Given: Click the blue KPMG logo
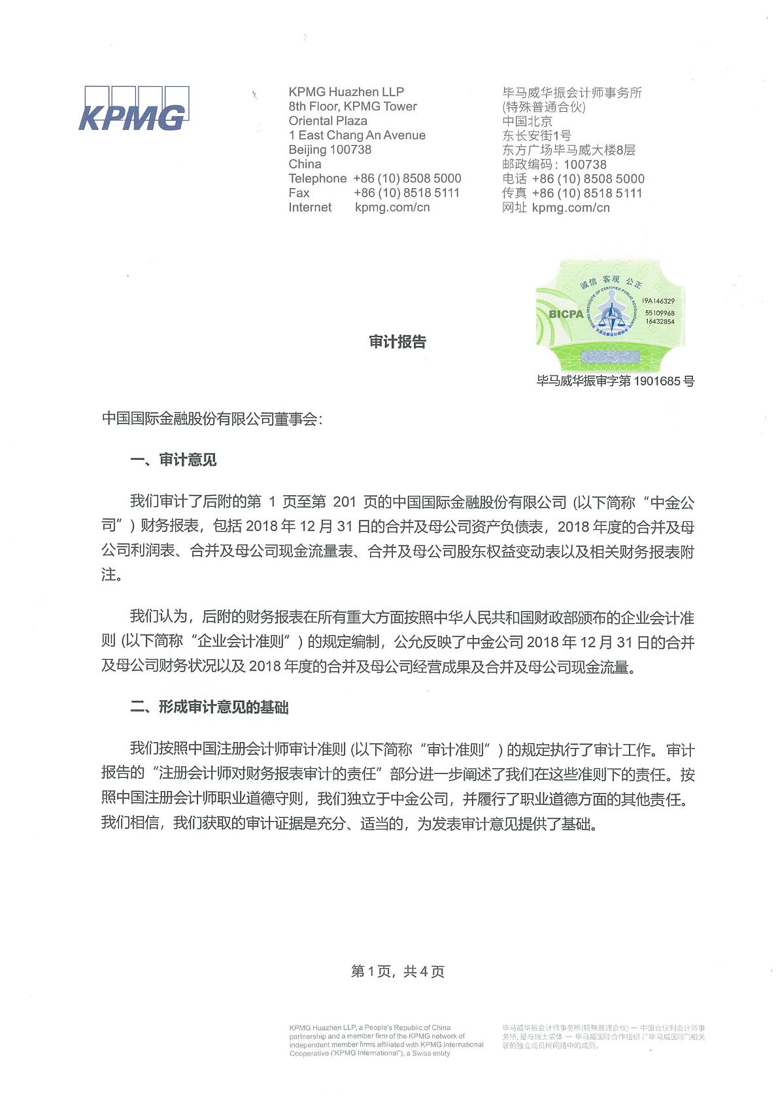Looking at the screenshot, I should pyautogui.click(x=133, y=108).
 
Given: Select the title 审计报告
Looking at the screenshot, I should pyautogui.click(x=397, y=342).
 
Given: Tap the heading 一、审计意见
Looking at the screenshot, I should pyautogui.click(x=173, y=460).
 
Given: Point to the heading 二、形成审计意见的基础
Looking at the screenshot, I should pyautogui.click(x=209, y=707).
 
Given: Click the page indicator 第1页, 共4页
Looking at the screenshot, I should pyautogui.click(x=397, y=972).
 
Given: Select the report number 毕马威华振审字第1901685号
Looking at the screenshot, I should pyautogui.click(x=615, y=380).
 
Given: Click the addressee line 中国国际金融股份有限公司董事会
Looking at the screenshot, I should pyautogui.click(x=212, y=419).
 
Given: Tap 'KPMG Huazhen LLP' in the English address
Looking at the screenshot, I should pyautogui.click(x=347, y=92).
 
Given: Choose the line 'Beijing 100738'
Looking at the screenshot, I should pyautogui.click(x=330, y=150).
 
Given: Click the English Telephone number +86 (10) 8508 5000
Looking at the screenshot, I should pyautogui.click(x=407, y=178).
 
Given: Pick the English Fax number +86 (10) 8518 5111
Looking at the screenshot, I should pyautogui.click(x=407, y=193).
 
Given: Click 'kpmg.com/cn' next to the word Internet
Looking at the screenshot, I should pyautogui.click(x=392, y=207).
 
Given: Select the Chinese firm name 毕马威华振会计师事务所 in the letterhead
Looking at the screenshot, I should pyautogui.click(x=572, y=93).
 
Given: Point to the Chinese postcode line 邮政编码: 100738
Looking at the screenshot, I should pyautogui.click(x=554, y=165).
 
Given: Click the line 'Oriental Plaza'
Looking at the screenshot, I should pyautogui.click(x=328, y=121).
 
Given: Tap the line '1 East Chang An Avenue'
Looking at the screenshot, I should pyautogui.click(x=357, y=135).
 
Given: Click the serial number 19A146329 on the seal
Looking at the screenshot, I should pyautogui.click(x=658, y=301).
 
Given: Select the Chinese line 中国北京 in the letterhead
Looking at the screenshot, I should pyautogui.click(x=528, y=121).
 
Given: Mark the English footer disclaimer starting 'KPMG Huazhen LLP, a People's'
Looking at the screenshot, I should pyautogui.click(x=386, y=1040).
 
